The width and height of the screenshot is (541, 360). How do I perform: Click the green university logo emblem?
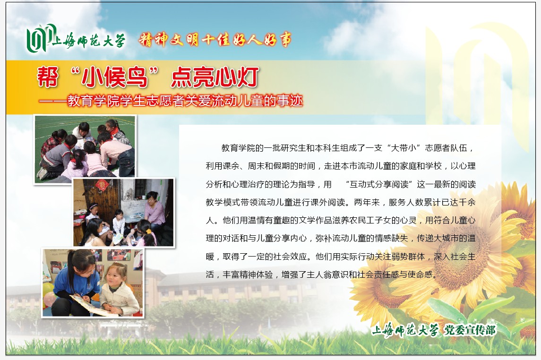40,37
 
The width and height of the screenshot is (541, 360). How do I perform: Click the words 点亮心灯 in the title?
215,77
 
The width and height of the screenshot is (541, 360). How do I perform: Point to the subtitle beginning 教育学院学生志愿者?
185,101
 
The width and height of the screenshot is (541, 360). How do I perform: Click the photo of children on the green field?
85,149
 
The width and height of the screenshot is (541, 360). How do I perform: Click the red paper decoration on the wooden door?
101,186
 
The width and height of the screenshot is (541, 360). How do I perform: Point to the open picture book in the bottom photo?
90,305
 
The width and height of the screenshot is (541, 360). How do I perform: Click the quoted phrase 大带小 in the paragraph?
404,148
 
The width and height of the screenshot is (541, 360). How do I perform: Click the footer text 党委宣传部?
470,330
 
